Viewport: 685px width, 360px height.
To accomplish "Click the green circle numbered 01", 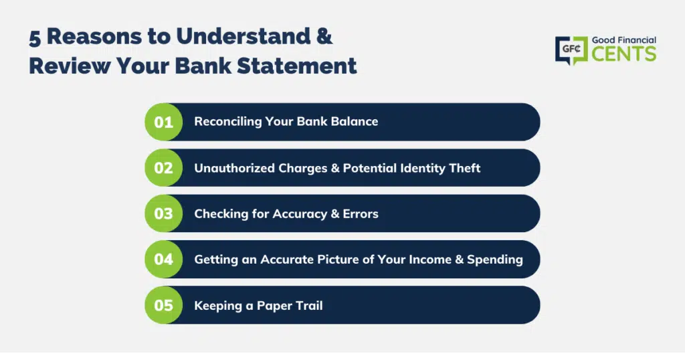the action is [x=164, y=122].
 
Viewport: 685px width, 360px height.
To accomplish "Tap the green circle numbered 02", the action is [x=164, y=168].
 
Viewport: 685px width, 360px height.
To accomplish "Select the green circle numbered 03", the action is [x=164, y=213].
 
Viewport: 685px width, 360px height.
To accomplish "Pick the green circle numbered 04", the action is [x=164, y=259].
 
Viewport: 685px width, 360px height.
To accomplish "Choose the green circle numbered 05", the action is [x=164, y=305].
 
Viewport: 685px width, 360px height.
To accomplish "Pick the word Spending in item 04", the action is [x=495, y=260].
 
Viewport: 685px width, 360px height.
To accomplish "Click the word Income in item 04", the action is [x=430, y=259].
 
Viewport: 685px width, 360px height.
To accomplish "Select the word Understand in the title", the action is [x=243, y=36].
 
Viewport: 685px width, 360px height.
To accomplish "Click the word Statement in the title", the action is [x=296, y=66].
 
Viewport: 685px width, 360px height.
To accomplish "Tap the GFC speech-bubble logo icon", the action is [x=571, y=50].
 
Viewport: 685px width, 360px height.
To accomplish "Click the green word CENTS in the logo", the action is [x=624, y=54].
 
